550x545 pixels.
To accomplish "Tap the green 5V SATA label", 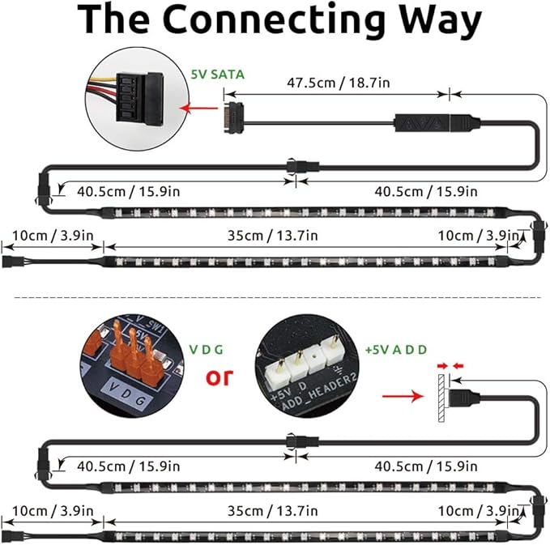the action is [x=217, y=75].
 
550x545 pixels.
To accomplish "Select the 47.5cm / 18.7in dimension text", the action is [x=338, y=83].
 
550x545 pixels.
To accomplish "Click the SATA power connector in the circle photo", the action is [x=139, y=97].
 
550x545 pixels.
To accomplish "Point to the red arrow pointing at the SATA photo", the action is [x=198, y=108].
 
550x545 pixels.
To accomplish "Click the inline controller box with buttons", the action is [x=422, y=123].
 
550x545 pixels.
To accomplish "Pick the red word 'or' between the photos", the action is [x=220, y=377].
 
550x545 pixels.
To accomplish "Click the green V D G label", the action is [x=207, y=350].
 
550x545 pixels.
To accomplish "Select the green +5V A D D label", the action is [x=396, y=350].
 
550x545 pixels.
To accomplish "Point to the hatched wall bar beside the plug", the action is [x=441, y=398].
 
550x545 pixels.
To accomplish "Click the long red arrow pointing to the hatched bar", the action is [x=403, y=396].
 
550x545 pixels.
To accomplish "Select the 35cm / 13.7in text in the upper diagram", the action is [x=272, y=236].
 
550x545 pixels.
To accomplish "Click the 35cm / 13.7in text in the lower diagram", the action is [x=272, y=511].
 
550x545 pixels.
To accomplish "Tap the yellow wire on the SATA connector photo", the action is [x=102, y=81].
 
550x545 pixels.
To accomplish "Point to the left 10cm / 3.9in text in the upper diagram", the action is [x=53, y=236].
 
